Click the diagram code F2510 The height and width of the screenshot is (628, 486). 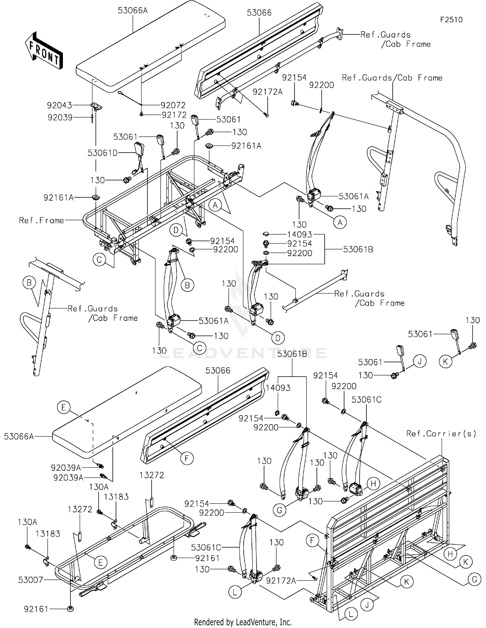pos(451,20)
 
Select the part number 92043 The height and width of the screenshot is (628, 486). pos(59,105)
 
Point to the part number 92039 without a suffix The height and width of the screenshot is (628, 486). pos(60,117)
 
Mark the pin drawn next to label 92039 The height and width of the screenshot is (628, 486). pos(92,118)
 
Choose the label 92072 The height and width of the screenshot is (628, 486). pos(173,105)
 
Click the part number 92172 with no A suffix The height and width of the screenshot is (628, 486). pos(174,115)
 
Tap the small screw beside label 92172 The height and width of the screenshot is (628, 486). pos(142,114)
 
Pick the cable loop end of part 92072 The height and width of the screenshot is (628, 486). pos(121,93)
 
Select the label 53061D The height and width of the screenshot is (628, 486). pos(102,153)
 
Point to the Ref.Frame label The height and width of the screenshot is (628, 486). pos(41,221)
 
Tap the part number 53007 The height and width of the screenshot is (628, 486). pos(31,580)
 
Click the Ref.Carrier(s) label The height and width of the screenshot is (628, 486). pos(441,434)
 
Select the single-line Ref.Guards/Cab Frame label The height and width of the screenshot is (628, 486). pos(392,78)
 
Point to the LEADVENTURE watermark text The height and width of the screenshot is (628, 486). pos(243,353)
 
